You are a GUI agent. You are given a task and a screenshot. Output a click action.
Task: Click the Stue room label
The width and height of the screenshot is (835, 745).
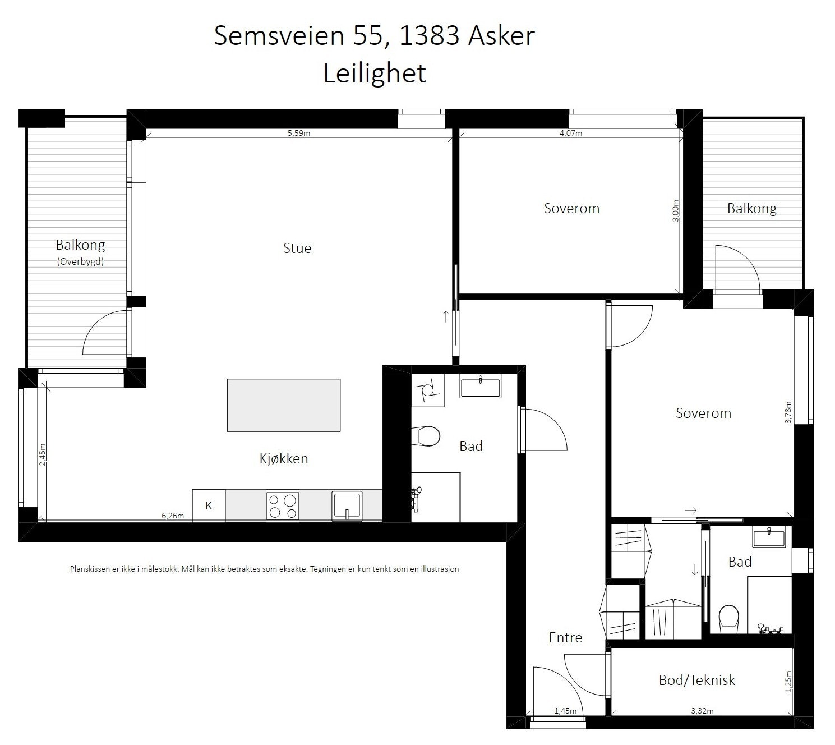pyautogui.click(x=297, y=248)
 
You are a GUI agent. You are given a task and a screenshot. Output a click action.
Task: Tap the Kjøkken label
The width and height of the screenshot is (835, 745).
pyautogui.click(x=284, y=458)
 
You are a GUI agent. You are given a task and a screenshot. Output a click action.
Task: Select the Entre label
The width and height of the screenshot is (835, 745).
pyautogui.click(x=565, y=637)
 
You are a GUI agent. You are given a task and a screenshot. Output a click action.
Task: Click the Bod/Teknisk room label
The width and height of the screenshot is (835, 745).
pyautogui.click(x=696, y=680)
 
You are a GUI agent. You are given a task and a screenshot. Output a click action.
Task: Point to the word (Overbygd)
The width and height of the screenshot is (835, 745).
pyautogui.click(x=80, y=261)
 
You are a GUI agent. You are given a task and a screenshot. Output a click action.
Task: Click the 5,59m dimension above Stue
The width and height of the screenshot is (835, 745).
pyautogui.click(x=299, y=133)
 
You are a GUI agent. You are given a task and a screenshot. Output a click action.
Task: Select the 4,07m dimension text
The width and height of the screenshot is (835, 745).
pyautogui.click(x=571, y=133)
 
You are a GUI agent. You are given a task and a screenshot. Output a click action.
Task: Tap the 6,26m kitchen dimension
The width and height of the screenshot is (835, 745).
pyautogui.click(x=173, y=516)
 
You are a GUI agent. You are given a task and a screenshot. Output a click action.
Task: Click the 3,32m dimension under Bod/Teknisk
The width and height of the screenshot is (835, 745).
pyautogui.click(x=702, y=711)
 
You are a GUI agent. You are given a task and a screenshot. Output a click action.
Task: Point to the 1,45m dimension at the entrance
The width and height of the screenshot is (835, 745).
pyautogui.click(x=565, y=711)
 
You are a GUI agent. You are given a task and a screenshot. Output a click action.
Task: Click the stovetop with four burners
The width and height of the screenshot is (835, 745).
pyautogui.click(x=283, y=506)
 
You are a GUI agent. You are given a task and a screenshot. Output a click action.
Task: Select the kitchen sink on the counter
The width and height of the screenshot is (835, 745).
pyautogui.click(x=347, y=506)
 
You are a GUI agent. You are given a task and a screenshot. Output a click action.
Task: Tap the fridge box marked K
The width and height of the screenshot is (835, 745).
pyautogui.click(x=209, y=505)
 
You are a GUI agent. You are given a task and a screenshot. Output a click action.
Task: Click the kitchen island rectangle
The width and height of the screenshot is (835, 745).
pyautogui.click(x=283, y=405)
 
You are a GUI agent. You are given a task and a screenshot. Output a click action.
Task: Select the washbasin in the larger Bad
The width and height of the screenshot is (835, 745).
pyautogui.click(x=481, y=388)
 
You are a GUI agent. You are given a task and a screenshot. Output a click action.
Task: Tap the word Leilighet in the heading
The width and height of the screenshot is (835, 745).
pyautogui.click(x=375, y=73)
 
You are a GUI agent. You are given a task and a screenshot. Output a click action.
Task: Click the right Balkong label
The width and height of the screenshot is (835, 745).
pyautogui.click(x=751, y=208)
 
